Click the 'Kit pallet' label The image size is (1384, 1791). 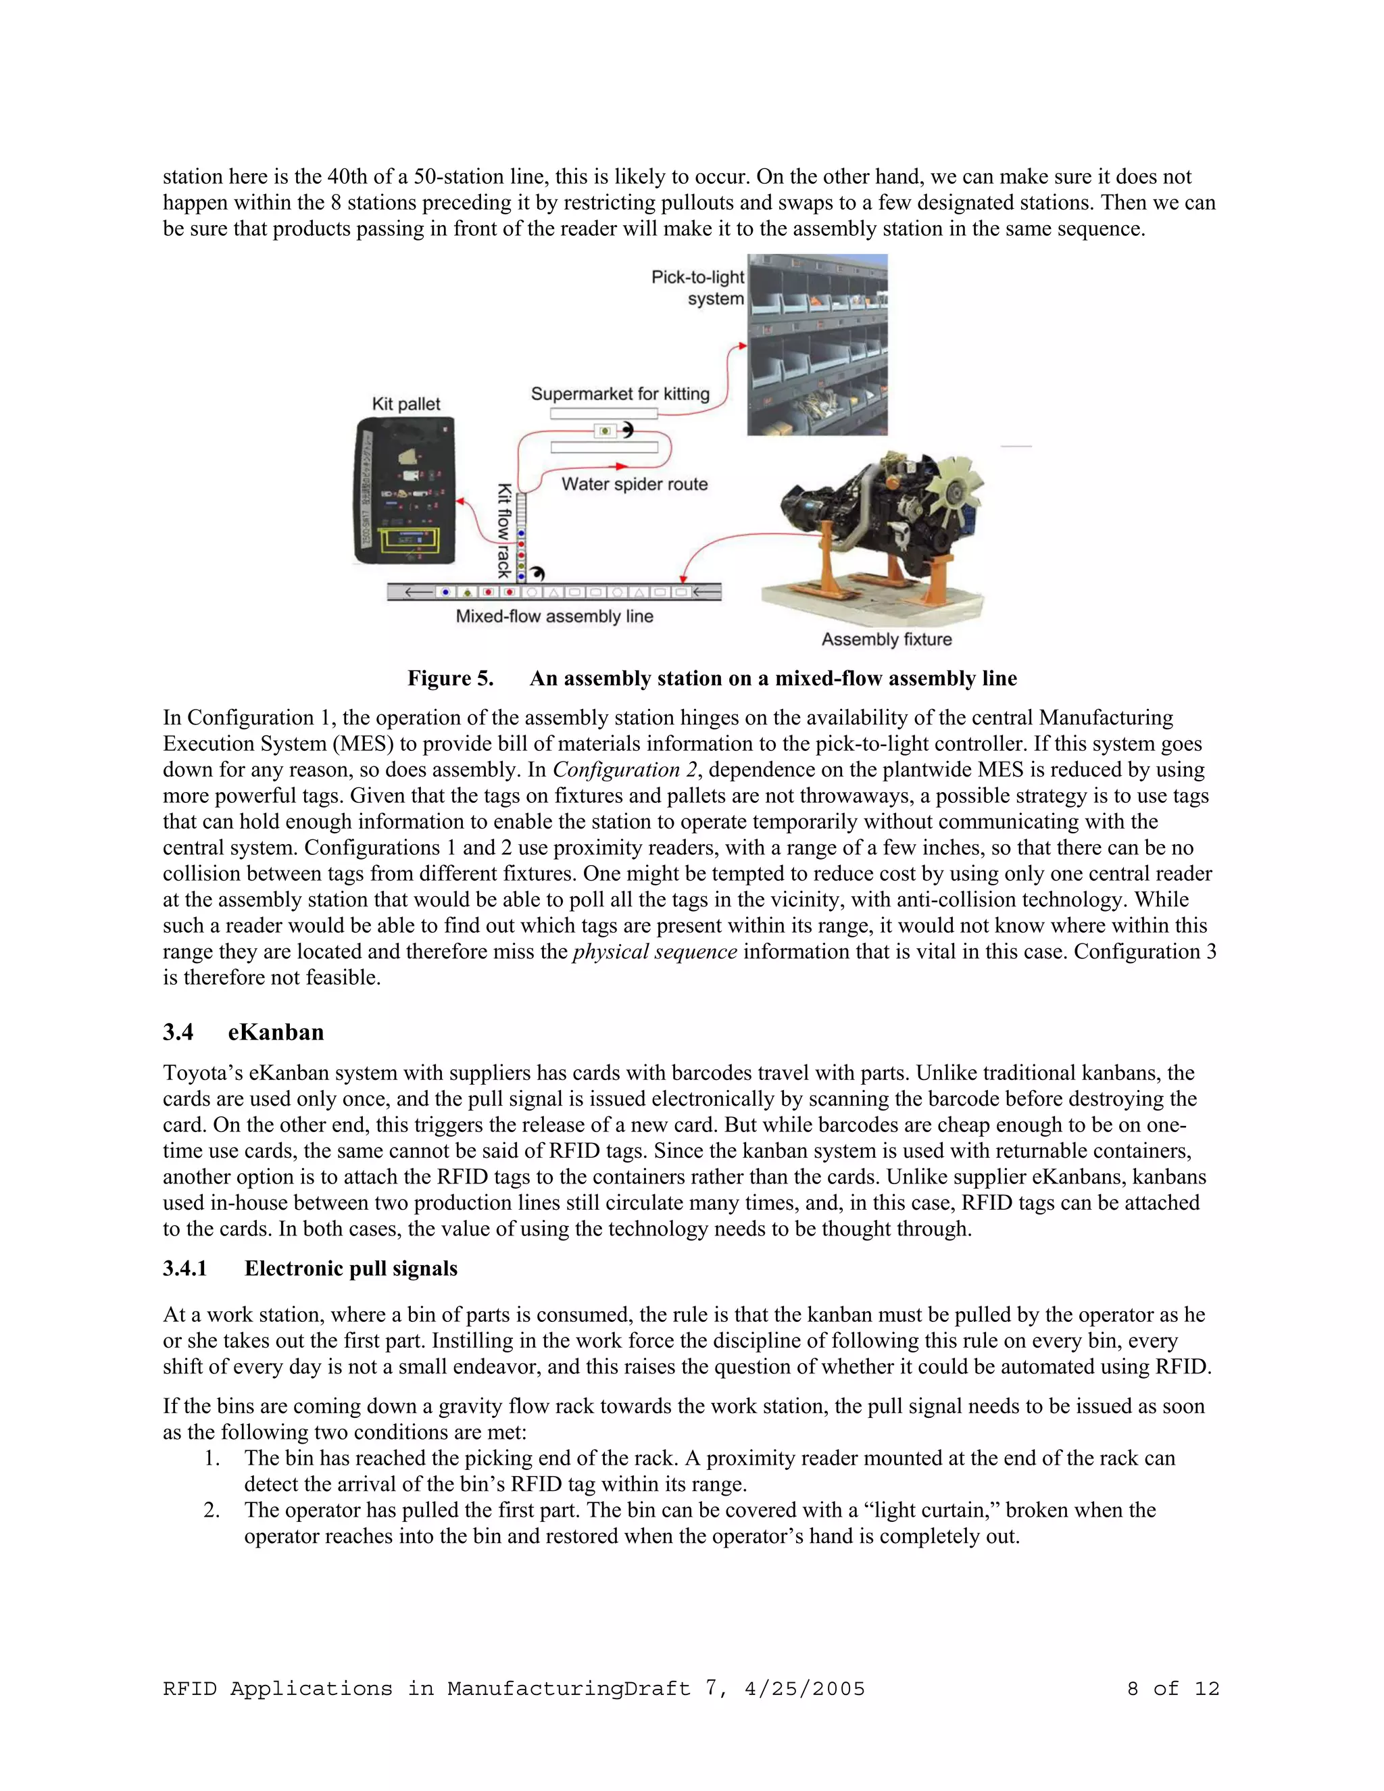click(406, 404)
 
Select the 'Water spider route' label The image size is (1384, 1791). click(634, 484)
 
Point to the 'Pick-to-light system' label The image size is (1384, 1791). click(697, 288)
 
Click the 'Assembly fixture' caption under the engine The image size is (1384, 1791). click(887, 639)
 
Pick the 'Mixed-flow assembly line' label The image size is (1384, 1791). click(554, 616)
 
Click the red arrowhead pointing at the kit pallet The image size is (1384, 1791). click(461, 501)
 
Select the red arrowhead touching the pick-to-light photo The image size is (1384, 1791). click(742, 346)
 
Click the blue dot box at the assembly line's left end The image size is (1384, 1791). click(445, 592)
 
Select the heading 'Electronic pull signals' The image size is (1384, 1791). click(350, 1269)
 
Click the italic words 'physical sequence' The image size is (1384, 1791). click(654, 952)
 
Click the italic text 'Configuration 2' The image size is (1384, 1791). click(616, 769)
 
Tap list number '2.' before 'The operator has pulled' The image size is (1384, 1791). click(212, 1510)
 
